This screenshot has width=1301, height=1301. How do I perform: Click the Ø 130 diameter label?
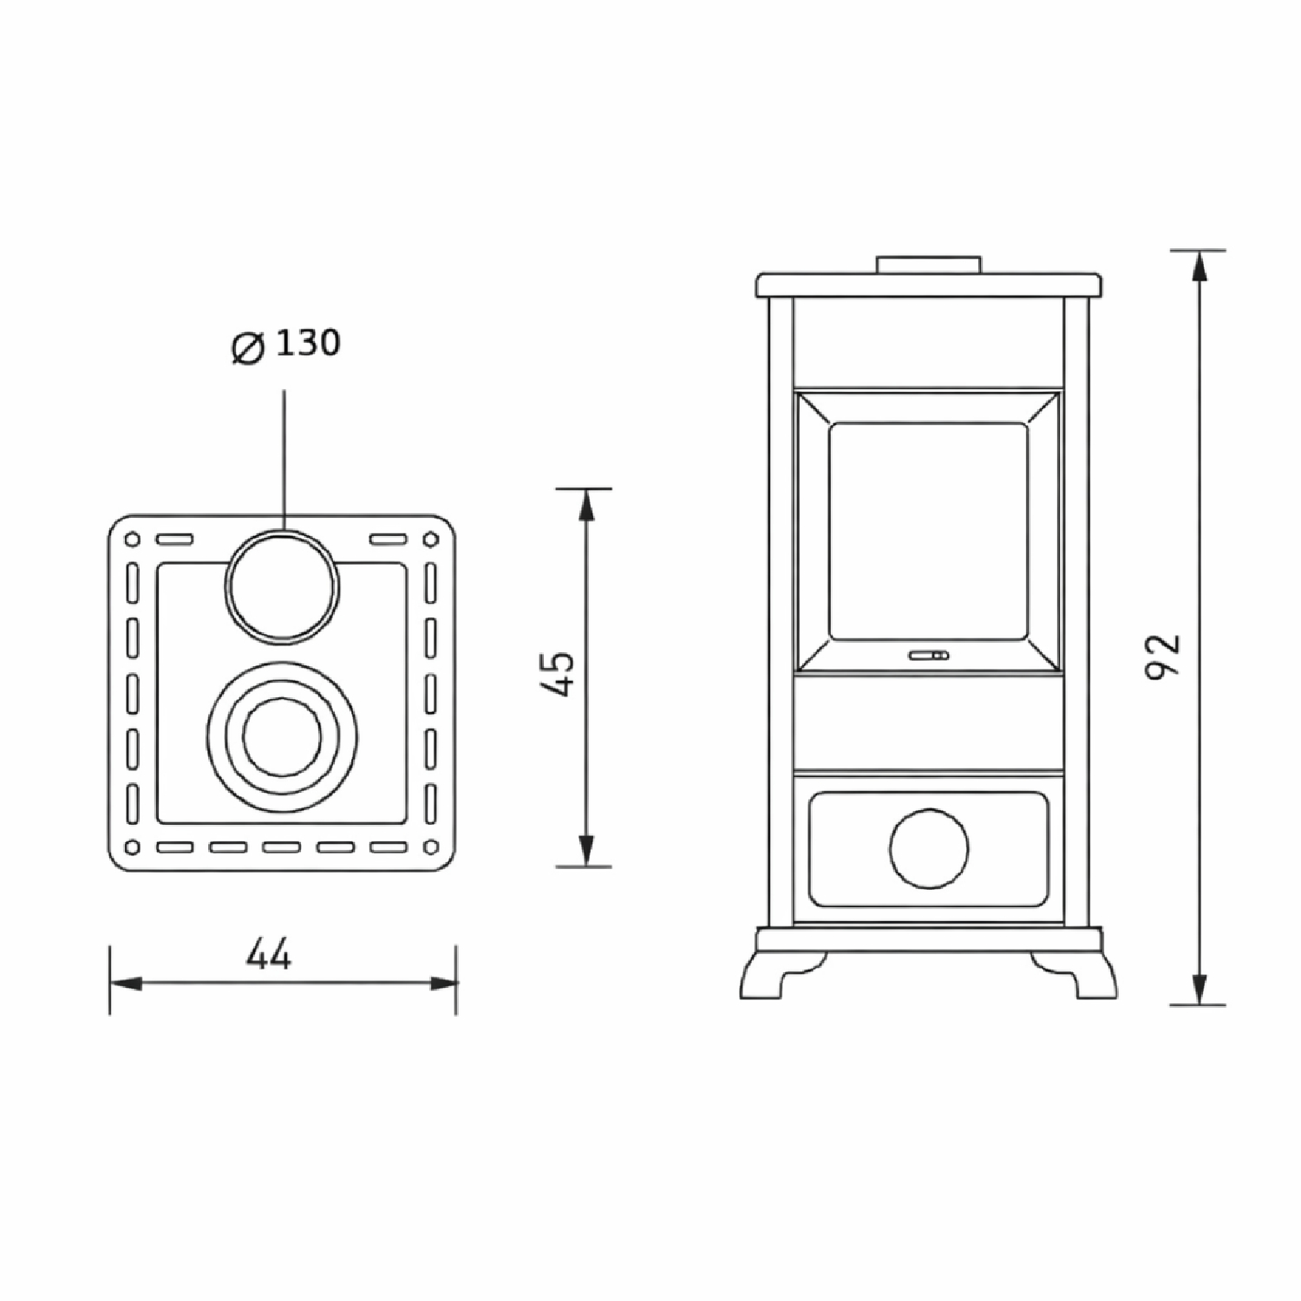point(287,345)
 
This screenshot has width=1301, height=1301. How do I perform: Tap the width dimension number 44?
point(269,955)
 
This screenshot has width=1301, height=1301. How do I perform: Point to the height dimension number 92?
point(1163,657)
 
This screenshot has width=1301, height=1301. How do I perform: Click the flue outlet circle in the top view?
point(283,586)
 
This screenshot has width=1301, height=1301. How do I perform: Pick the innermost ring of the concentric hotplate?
point(283,737)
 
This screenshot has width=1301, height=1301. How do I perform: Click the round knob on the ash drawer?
point(928,848)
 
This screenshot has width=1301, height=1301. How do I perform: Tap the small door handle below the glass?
point(929,656)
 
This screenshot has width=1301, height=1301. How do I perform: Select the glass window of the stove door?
point(928,531)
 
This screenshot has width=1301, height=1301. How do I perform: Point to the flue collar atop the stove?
point(928,265)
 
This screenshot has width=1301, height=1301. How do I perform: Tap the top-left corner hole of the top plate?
point(133,539)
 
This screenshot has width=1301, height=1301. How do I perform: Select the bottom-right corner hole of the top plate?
point(431,847)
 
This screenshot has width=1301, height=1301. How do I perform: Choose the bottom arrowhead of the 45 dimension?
point(586,850)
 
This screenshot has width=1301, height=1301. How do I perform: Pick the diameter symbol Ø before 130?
point(248,348)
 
